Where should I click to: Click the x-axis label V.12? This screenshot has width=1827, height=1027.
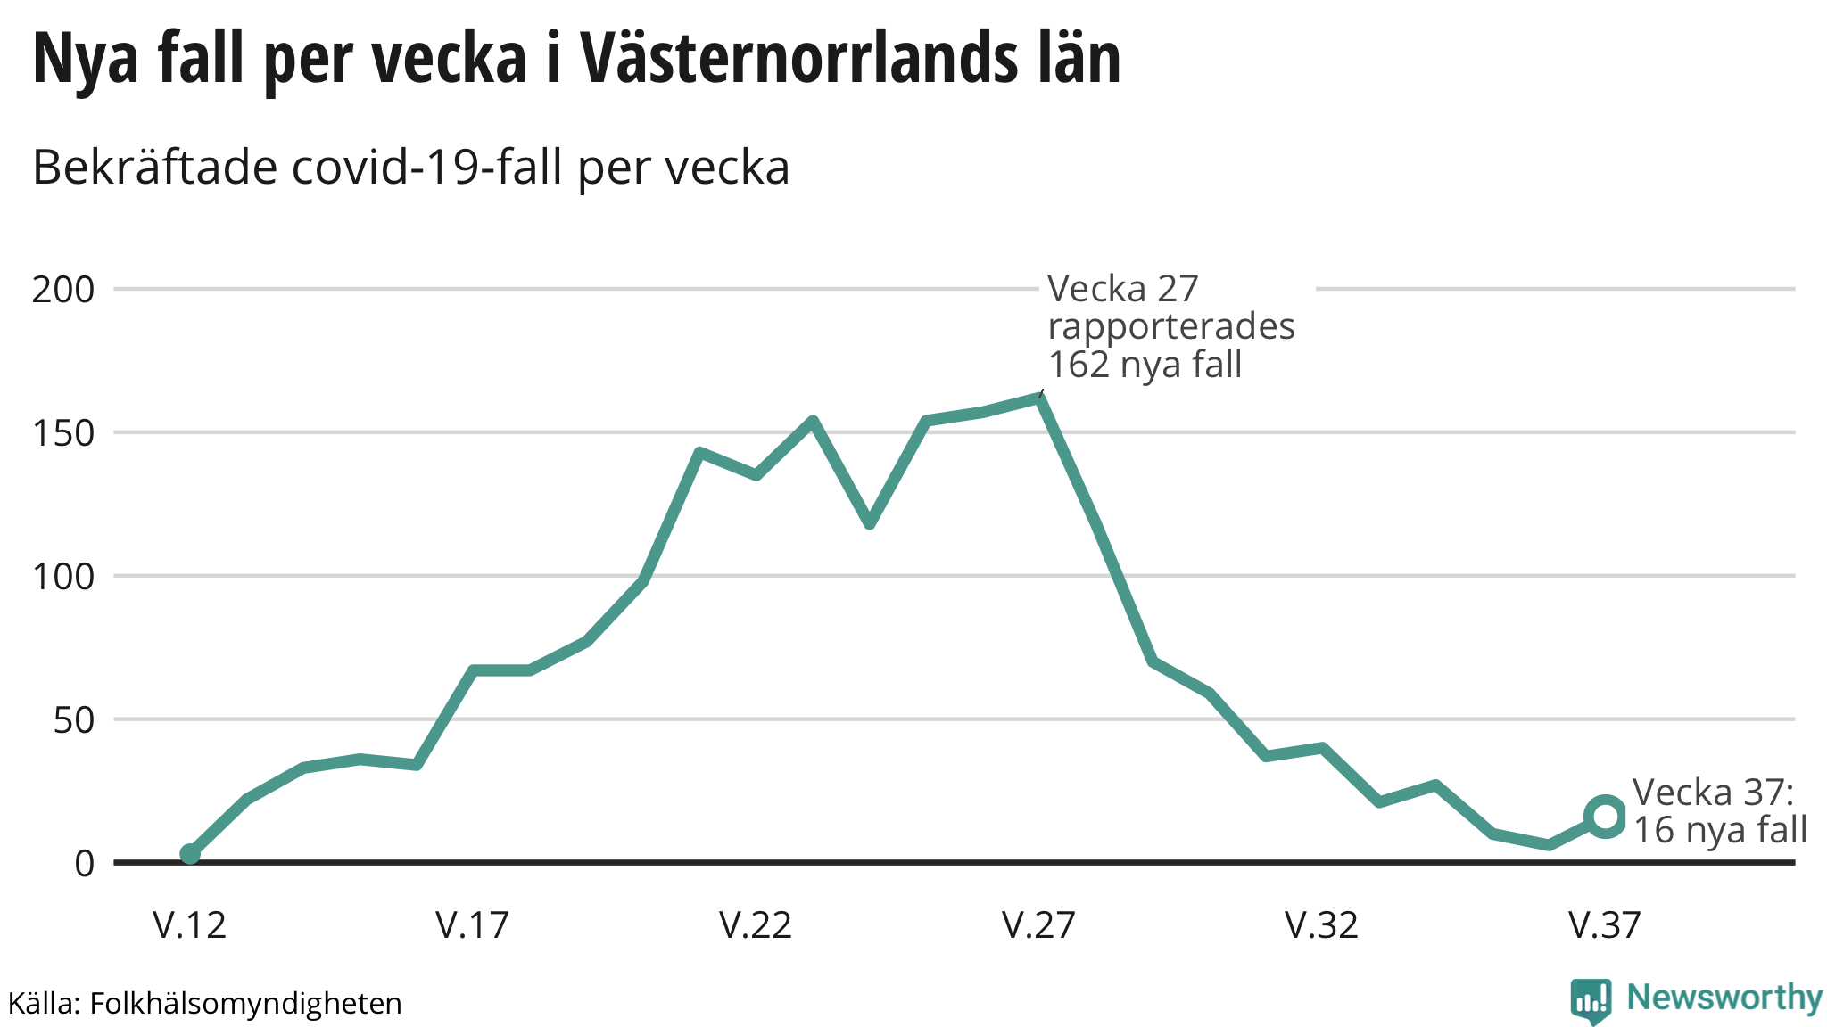189,925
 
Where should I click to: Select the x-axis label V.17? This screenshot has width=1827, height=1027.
472,925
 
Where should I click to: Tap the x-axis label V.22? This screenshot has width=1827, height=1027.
756,925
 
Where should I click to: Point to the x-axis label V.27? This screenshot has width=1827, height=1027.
1038,925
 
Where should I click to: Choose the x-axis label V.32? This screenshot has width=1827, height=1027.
1321,925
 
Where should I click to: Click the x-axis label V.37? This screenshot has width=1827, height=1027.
1604,925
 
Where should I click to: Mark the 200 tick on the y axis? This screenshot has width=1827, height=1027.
63,290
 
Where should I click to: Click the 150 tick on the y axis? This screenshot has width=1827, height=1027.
63,433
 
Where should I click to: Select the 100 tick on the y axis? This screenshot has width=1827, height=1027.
63,577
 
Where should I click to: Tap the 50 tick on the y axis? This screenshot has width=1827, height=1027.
74,720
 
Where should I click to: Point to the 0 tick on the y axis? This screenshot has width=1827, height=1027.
85,863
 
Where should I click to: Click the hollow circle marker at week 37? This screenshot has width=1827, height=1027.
1605,817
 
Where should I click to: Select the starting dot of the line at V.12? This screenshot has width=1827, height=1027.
190,854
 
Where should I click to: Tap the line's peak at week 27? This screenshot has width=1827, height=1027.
1039,398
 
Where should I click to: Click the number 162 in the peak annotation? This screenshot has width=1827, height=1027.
1078,365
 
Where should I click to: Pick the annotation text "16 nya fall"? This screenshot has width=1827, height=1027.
1720,830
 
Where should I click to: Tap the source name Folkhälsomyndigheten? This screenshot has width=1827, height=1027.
245,1004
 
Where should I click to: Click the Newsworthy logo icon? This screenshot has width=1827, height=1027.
1591,1000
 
